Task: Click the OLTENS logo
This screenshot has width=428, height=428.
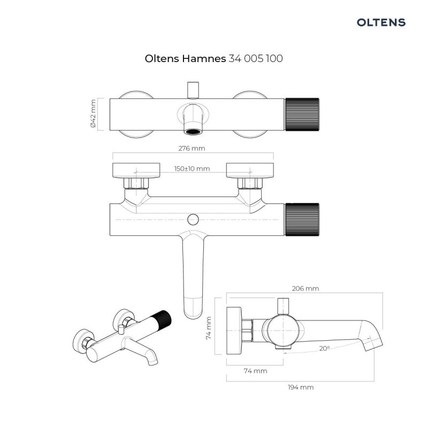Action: coord(381,22)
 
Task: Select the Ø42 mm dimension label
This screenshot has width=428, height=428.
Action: coord(93,114)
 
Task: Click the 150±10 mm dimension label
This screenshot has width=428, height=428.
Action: coord(192,169)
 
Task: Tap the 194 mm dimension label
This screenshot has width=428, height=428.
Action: coord(300,387)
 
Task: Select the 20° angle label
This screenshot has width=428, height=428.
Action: coord(324,348)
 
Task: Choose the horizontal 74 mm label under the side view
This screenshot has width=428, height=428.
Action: coord(255,371)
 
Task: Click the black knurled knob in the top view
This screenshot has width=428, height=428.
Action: coord(303,114)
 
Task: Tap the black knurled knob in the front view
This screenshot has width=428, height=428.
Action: coord(303,219)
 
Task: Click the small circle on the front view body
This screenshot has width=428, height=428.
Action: coord(193,219)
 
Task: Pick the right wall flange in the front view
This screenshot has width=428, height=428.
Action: coord(250,170)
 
